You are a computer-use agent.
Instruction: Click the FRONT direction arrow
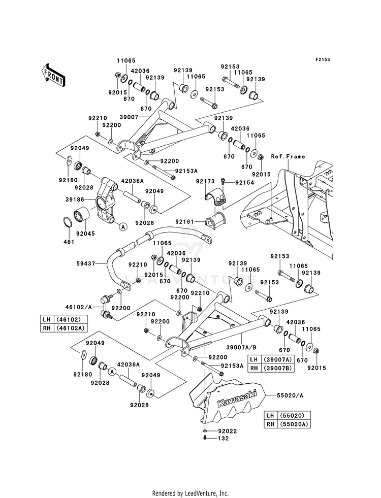[53, 75]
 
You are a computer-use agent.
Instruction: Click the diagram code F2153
[323, 59]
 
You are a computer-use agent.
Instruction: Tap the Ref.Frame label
[288, 156]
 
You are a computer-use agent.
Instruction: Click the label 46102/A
[79, 307]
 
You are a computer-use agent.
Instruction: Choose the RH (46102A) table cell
[63, 328]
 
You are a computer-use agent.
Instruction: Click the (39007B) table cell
[277, 368]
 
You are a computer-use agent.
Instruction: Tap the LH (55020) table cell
[287, 415]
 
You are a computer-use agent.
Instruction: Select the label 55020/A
[290, 395]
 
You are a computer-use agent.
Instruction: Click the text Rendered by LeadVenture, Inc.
[190, 493]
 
